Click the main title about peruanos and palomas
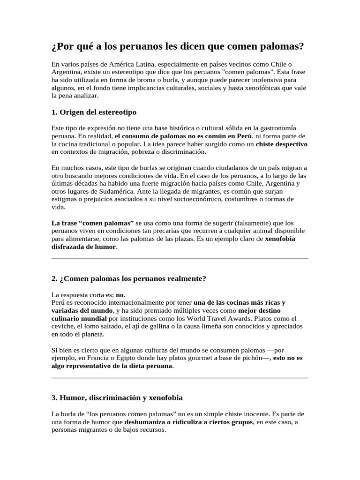click(x=178, y=47)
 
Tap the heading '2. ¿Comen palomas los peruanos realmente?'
click(x=128, y=278)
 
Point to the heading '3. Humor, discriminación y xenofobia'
click(x=117, y=397)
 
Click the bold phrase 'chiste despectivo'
click(x=282, y=144)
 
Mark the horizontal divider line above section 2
click(x=180, y=258)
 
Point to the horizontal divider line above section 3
click(x=180, y=377)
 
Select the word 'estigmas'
click(x=64, y=199)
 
